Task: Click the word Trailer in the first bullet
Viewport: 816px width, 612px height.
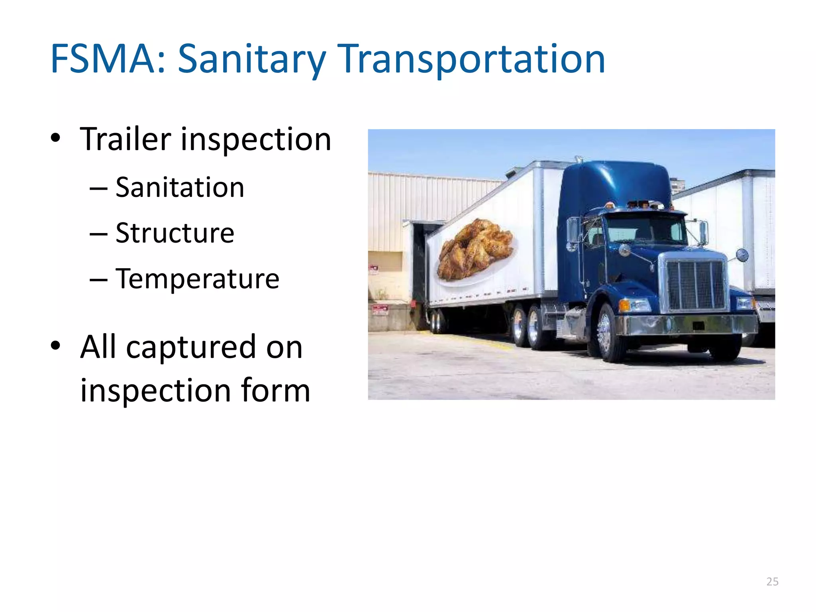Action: (126, 139)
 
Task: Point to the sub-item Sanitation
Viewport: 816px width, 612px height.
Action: (180, 188)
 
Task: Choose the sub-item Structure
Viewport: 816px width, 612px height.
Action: (175, 233)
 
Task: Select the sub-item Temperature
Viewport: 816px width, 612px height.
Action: (198, 279)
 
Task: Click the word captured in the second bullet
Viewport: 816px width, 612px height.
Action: (191, 347)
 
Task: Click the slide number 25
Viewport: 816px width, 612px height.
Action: (772, 582)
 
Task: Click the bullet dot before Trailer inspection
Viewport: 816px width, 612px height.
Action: (56, 138)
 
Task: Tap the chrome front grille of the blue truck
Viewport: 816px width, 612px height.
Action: (695, 285)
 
